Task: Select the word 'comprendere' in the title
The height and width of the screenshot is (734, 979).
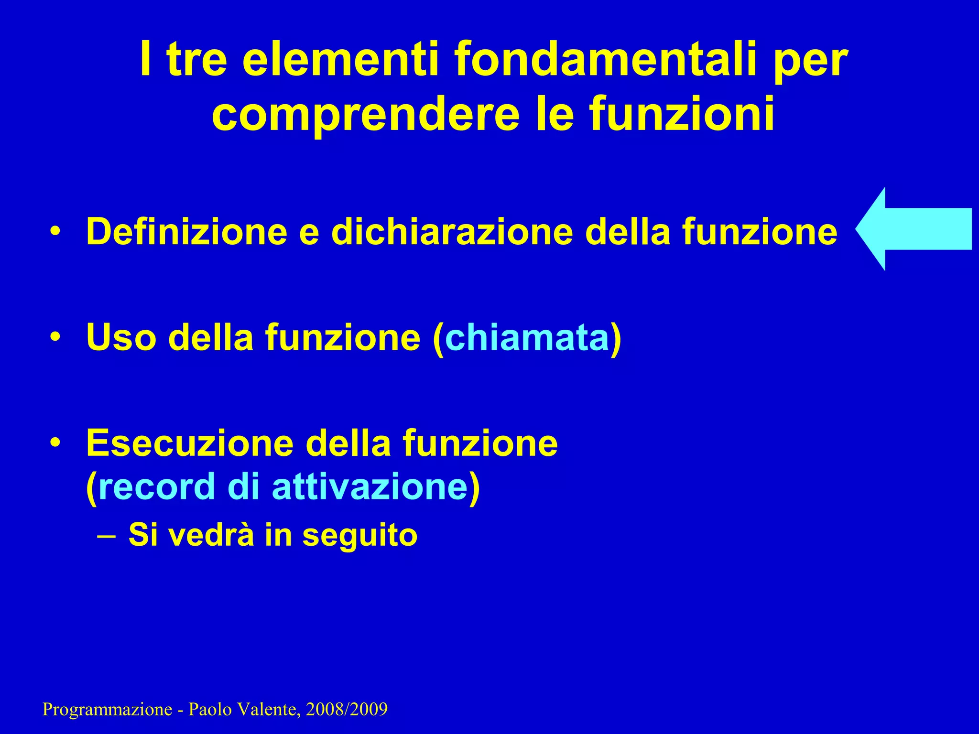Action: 366,115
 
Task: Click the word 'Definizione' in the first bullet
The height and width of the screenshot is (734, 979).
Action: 187,232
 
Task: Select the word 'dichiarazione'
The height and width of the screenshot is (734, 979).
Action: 452,232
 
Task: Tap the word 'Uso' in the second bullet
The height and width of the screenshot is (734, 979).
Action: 121,337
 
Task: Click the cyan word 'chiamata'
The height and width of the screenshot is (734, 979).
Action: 527,337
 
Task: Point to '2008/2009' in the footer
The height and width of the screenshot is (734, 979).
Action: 347,710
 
